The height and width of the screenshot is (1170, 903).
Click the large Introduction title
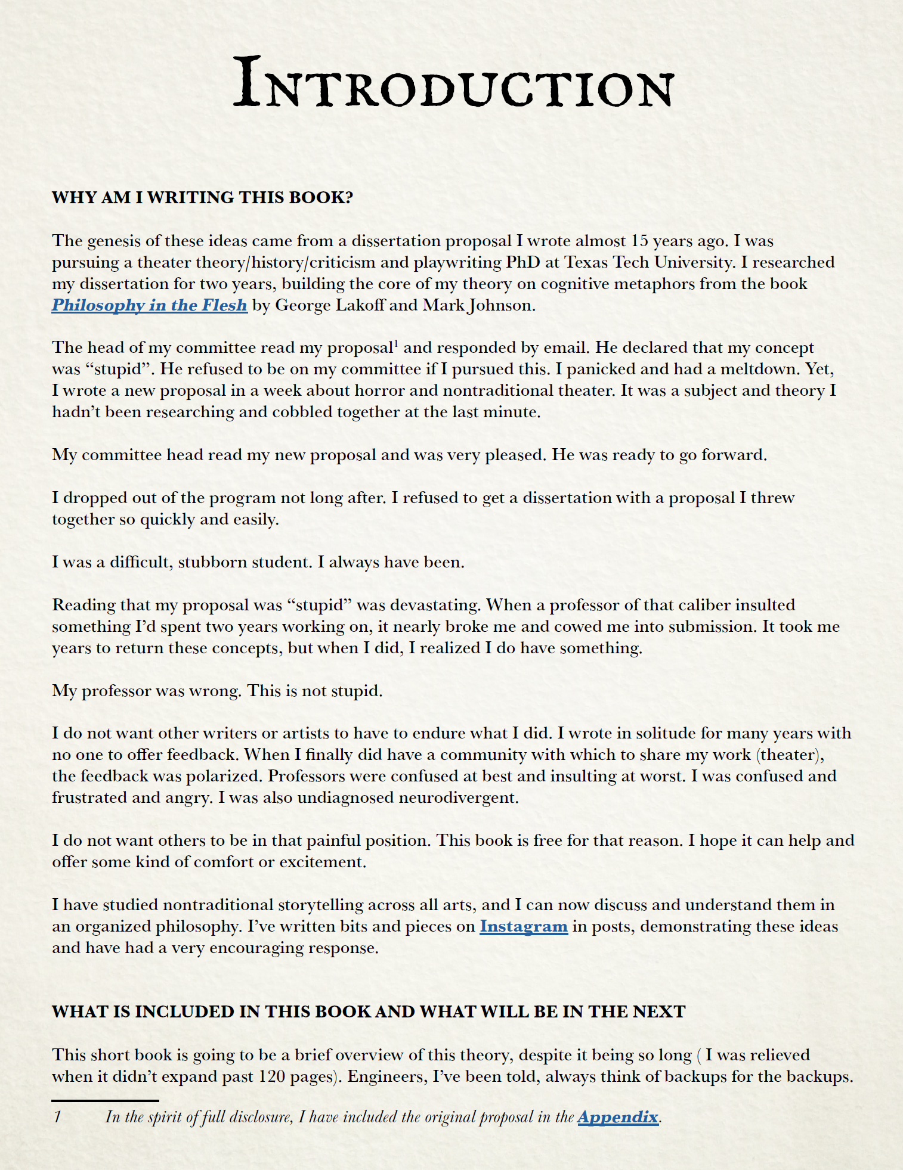pyautogui.click(x=453, y=83)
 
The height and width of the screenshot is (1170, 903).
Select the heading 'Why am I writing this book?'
pyautogui.click(x=202, y=197)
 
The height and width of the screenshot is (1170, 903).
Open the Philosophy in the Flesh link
pyautogui.click(x=149, y=305)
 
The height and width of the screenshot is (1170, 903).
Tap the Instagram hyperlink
pyautogui.click(x=523, y=926)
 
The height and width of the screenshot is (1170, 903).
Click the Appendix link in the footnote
pyautogui.click(x=617, y=1117)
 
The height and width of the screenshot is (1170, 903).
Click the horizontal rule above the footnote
pyautogui.click(x=105, y=1100)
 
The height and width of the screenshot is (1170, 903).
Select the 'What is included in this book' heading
pyautogui.click(x=368, y=1011)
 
